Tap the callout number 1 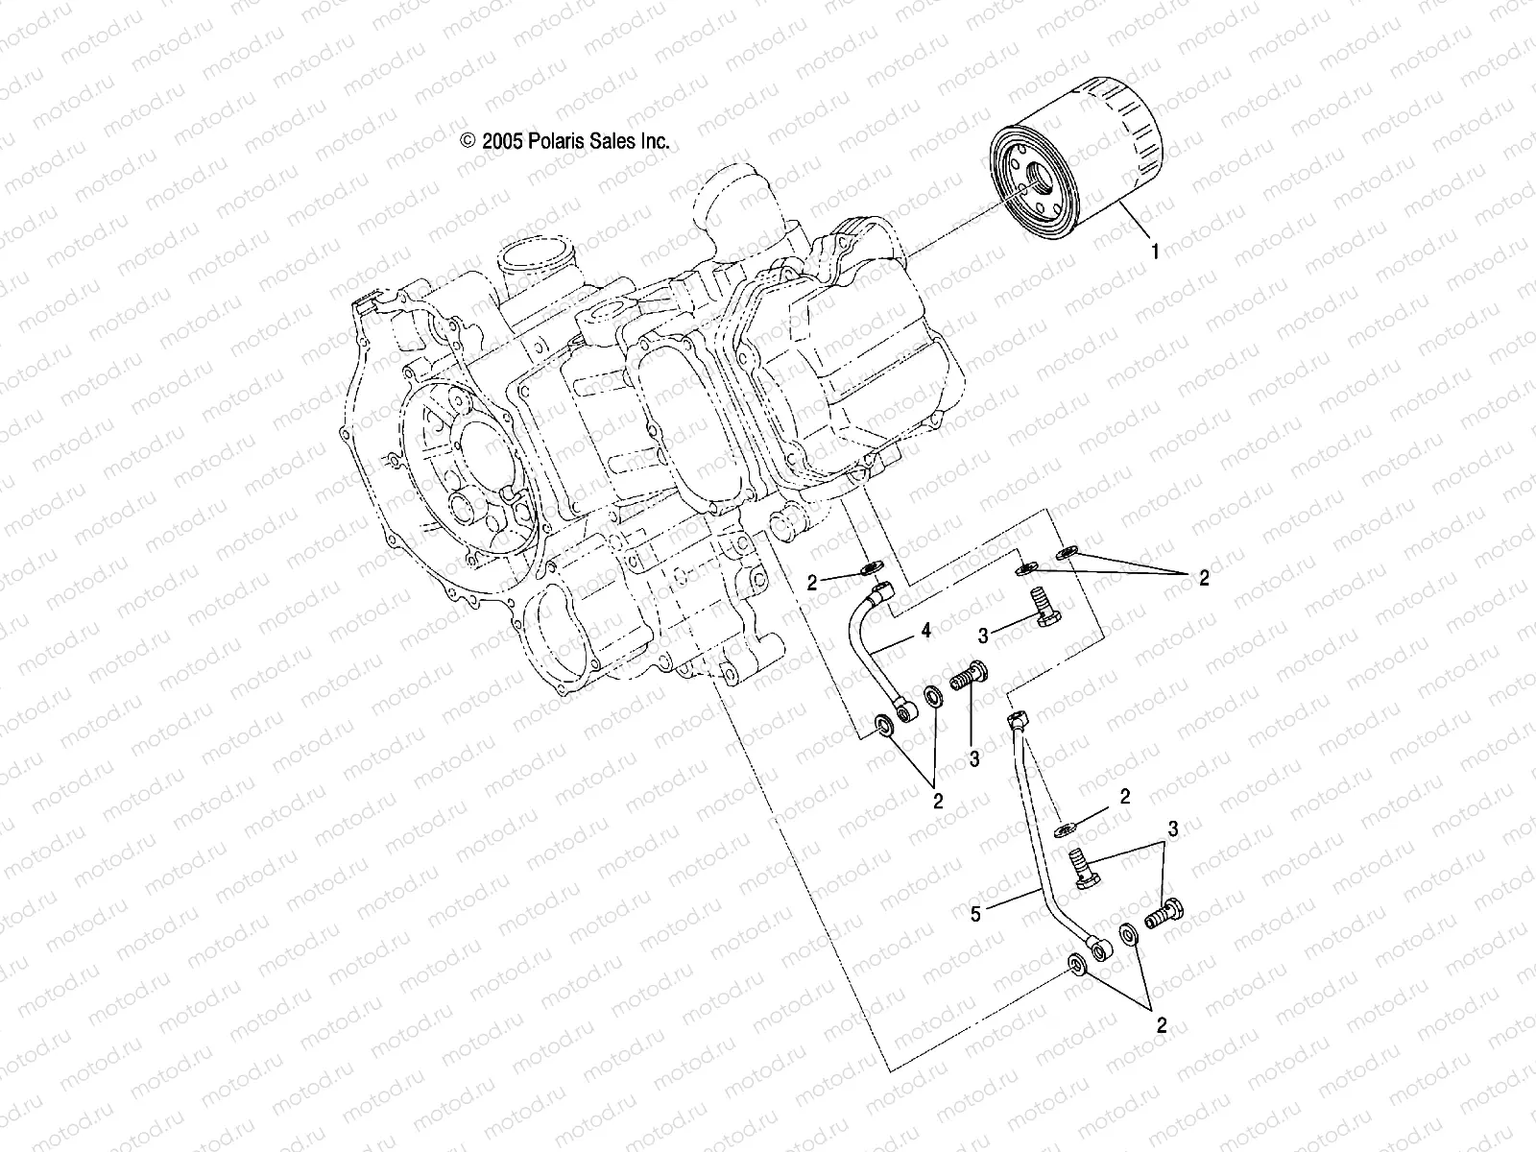1155,252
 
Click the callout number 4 925,632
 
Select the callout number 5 975,916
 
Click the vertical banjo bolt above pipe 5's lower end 1082,870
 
